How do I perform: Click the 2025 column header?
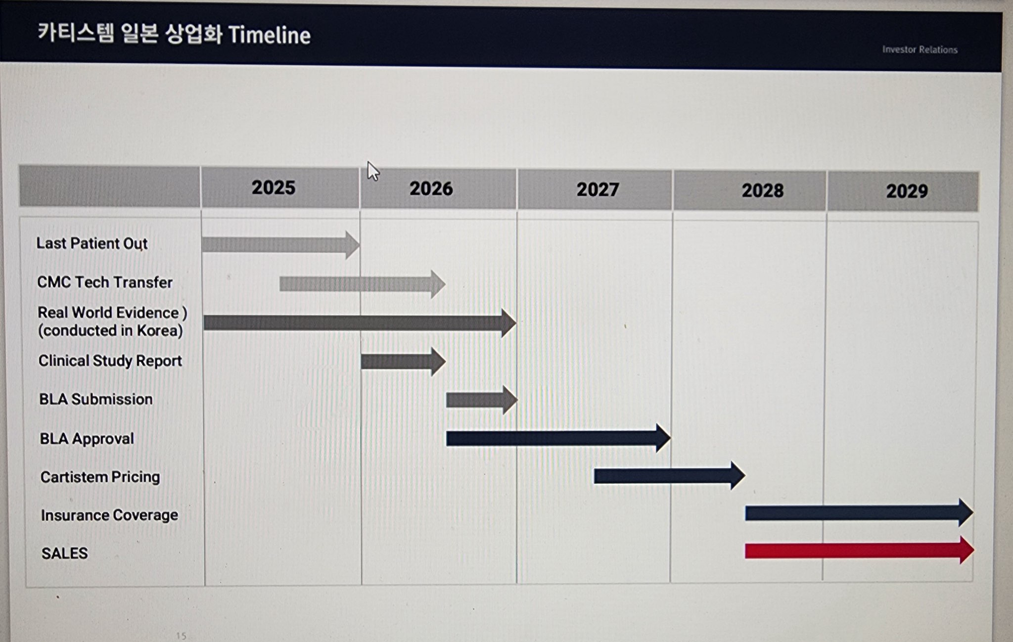(273, 187)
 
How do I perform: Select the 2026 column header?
(431, 188)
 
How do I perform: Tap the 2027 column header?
(598, 189)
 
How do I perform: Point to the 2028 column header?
(762, 190)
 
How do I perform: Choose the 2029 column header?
(907, 191)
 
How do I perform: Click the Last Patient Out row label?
(92, 243)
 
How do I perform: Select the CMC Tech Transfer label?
(105, 282)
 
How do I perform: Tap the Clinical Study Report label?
(110, 361)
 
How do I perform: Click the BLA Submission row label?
(96, 399)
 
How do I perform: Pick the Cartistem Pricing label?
(100, 477)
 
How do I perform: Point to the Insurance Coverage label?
(109, 515)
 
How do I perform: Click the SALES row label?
(65, 553)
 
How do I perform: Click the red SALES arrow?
(860, 550)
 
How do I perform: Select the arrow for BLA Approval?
(558, 438)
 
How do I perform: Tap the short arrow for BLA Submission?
(482, 400)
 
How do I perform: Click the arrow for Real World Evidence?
(360, 323)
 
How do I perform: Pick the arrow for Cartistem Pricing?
(670, 476)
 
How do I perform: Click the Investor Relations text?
(920, 49)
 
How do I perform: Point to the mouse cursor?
(373, 171)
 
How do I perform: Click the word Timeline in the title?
(270, 35)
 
